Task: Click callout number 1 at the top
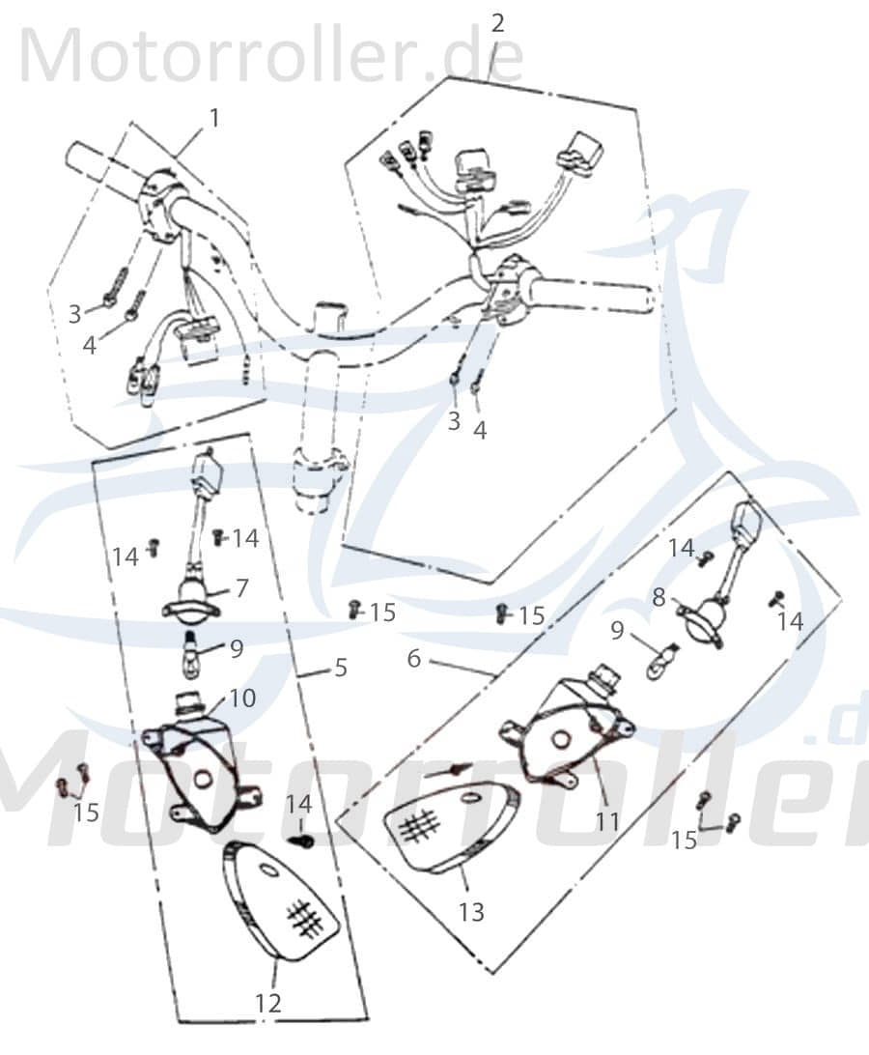[x=214, y=119]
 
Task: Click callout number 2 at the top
[x=497, y=23]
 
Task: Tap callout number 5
[x=341, y=668]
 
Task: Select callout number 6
[x=414, y=658]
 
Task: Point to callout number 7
[x=240, y=588]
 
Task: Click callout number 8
[x=659, y=597]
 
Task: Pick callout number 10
[x=242, y=698]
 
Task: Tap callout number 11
[x=606, y=821]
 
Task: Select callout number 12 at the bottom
[x=267, y=1003]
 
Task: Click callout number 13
[x=471, y=912]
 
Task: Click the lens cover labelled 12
[x=280, y=900]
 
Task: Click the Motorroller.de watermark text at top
[x=271, y=57]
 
